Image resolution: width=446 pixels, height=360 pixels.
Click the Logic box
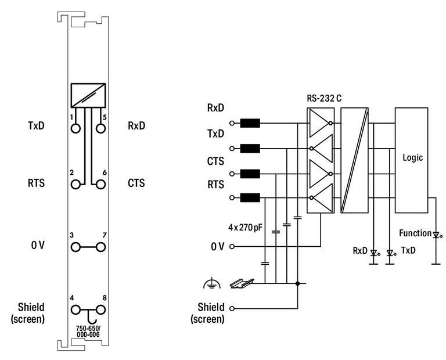(412, 160)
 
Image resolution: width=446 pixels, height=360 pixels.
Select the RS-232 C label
(324, 98)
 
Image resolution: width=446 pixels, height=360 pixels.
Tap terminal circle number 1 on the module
(75, 128)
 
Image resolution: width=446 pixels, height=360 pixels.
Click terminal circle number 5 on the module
(100, 128)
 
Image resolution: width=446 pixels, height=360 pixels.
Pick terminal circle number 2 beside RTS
(75, 184)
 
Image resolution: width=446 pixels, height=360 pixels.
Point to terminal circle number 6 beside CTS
(100, 184)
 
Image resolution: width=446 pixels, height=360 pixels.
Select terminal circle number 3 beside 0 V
(75, 247)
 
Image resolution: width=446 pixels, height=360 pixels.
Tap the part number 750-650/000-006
(88, 331)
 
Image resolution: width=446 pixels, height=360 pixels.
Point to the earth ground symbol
(214, 283)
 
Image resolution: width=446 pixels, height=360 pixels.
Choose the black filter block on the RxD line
(250, 124)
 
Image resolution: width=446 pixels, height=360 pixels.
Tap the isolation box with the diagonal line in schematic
(354, 160)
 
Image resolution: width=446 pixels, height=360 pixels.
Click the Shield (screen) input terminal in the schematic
(233, 308)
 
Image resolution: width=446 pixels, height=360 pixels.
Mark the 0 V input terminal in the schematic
(233, 246)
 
